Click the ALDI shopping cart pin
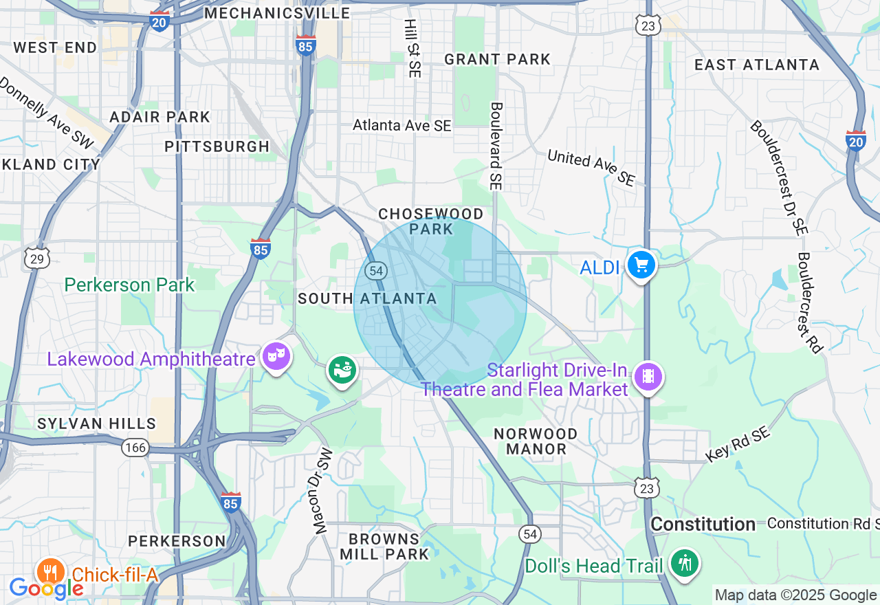pos(641,265)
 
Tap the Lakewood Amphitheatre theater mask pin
pos(276,356)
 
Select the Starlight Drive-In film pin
pos(648,376)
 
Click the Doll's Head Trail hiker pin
pos(685,563)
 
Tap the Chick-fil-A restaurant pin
pos(51,571)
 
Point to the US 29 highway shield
pos(36,258)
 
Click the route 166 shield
pos(135,448)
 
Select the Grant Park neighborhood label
pos(497,59)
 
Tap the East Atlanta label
pos(756,65)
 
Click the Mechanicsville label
pos(277,13)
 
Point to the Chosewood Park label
pos(431,222)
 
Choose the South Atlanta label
pos(367,298)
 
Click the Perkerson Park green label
pos(130,285)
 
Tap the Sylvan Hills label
pos(97,423)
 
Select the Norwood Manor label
pos(536,441)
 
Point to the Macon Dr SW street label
pos(322,492)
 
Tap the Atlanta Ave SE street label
pos(402,125)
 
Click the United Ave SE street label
pos(591,168)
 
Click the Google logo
pos(45,588)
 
